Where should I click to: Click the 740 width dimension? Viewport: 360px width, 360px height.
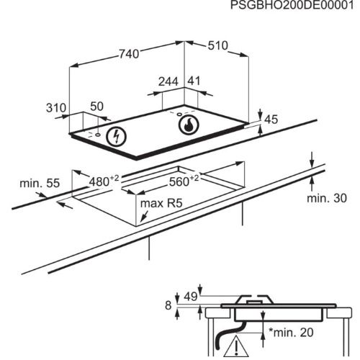tap(129, 54)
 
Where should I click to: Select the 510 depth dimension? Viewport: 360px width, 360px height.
tap(217, 45)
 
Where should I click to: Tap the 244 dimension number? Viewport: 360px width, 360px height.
tap(168, 81)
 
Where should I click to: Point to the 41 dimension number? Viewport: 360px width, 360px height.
tap(194, 81)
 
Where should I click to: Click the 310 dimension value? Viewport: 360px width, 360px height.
tap(56, 108)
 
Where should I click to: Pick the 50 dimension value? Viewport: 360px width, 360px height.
tap(96, 107)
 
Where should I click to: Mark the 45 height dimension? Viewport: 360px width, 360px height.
tap(271, 120)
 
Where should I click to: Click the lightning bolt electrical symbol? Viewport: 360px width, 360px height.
tap(117, 136)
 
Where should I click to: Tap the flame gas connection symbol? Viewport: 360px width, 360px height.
tap(189, 125)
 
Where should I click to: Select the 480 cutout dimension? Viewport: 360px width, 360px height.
tap(104, 181)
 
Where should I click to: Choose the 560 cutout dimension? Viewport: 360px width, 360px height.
tap(184, 181)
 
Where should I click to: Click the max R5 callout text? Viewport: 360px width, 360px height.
tap(161, 203)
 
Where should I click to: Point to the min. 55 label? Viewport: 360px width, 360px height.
tap(40, 183)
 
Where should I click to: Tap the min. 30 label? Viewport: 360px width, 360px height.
tap(327, 198)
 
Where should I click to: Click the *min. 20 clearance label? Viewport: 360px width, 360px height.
tap(291, 333)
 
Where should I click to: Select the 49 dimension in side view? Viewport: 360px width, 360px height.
tap(191, 297)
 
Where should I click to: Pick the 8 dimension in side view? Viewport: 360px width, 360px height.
tap(168, 305)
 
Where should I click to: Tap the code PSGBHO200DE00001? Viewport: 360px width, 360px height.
tap(292, 5)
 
